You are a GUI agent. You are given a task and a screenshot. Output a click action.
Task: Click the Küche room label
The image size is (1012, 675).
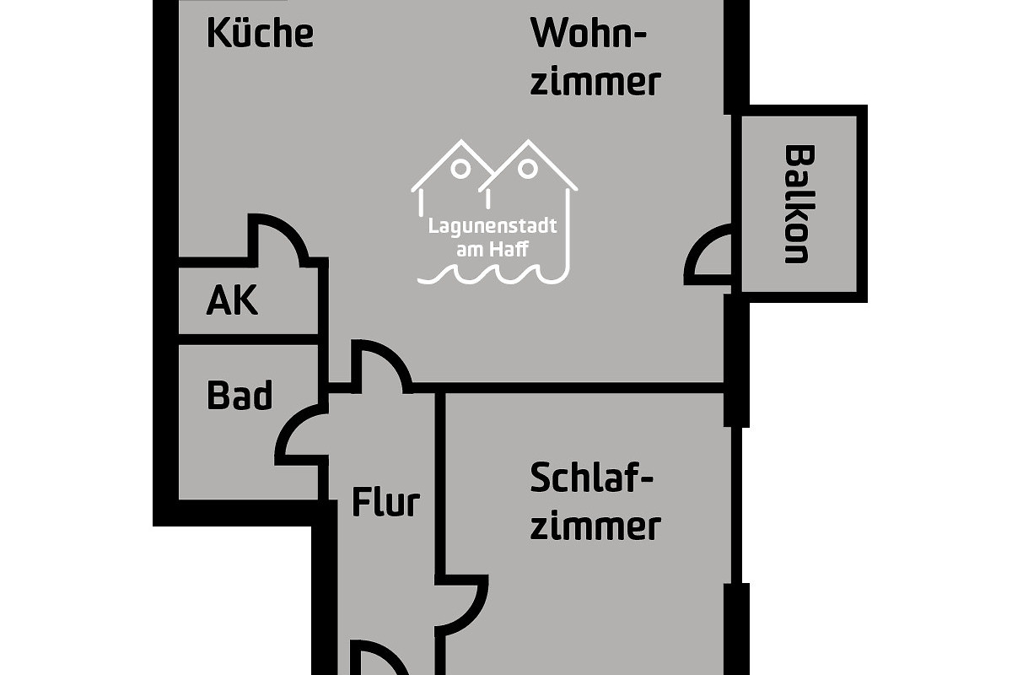261,33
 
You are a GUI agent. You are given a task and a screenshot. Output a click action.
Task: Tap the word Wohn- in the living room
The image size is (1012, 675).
589,33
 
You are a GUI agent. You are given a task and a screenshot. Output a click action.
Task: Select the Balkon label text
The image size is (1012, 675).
799,204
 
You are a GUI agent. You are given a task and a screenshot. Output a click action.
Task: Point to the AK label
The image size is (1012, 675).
232,300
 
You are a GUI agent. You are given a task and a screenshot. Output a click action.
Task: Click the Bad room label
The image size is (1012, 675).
240,395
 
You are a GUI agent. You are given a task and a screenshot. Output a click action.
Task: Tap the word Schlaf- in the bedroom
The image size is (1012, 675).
592,478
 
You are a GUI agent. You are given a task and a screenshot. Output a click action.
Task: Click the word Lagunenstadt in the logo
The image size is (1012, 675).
493,226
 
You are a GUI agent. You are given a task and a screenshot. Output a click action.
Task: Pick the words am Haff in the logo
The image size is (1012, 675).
493,250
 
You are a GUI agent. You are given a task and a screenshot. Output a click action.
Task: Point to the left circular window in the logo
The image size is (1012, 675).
460,169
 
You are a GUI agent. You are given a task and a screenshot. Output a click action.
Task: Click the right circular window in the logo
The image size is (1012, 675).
527,169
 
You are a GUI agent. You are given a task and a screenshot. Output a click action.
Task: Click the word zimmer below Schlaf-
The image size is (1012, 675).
595,526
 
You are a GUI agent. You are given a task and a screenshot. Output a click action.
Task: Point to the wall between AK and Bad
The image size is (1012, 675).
249,339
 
